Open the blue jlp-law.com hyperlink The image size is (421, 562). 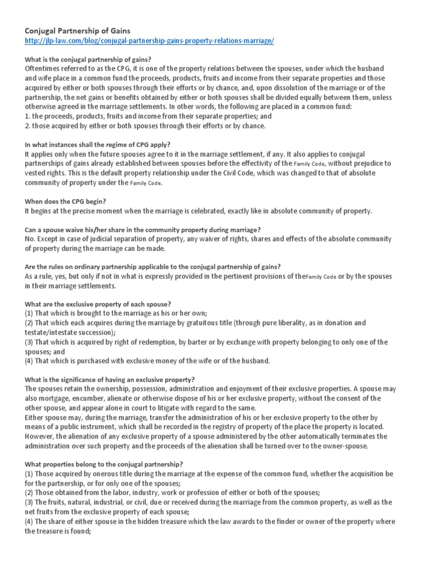click(150, 42)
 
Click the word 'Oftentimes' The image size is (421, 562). click(45, 69)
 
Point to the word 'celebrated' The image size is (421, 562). click(229, 211)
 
